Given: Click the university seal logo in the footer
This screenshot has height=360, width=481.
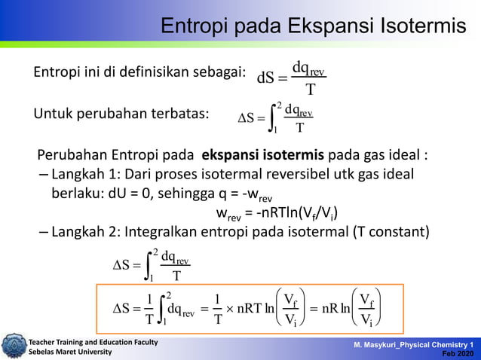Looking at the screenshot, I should pyautogui.click(x=13, y=346).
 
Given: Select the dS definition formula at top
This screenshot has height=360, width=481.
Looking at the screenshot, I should pyautogui.click(x=291, y=78).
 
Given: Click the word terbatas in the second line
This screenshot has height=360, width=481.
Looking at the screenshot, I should pyautogui.click(x=178, y=114).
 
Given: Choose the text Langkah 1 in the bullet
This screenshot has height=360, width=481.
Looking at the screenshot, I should pyautogui.click(x=79, y=175).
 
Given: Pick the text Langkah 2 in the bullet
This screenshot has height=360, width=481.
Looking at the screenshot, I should pyautogui.click(x=79, y=231).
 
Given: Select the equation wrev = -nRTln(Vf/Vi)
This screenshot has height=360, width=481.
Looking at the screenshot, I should pyautogui.click(x=276, y=212).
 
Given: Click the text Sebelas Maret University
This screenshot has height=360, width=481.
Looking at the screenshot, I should pyautogui.click(x=70, y=352).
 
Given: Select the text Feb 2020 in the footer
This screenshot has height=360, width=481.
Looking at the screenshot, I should pyautogui.click(x=460, y=353).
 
